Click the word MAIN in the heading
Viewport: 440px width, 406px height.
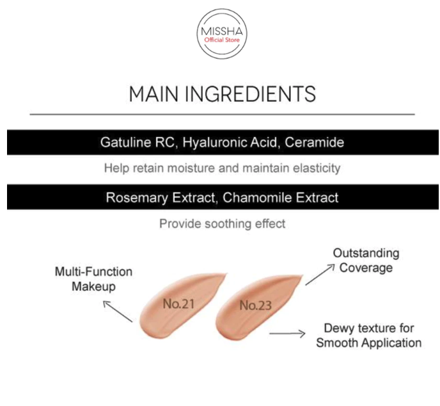click(x=154, y=94)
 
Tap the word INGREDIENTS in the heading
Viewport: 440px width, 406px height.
click(x=250, y=94)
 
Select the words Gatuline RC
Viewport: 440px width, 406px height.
click(x=138, y=143)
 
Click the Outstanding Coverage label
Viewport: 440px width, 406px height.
click(x=366, y=260)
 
